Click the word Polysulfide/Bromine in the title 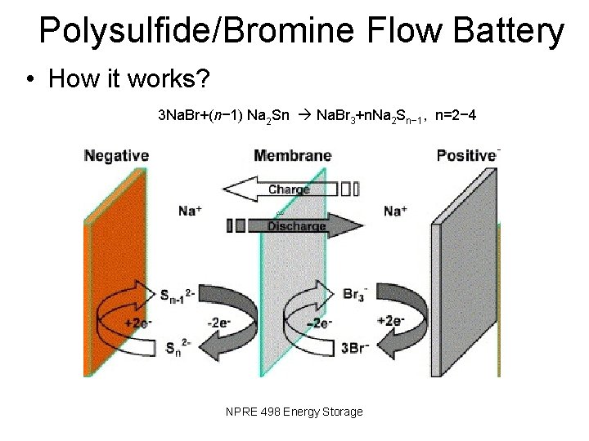coord(196,31)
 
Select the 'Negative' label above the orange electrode coord(116,154)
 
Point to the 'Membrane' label coord(292,154)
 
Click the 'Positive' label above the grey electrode coord(467,154)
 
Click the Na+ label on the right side coord(396,212)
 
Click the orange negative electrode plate coord(110,269)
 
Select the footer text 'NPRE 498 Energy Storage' coord(294,412)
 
